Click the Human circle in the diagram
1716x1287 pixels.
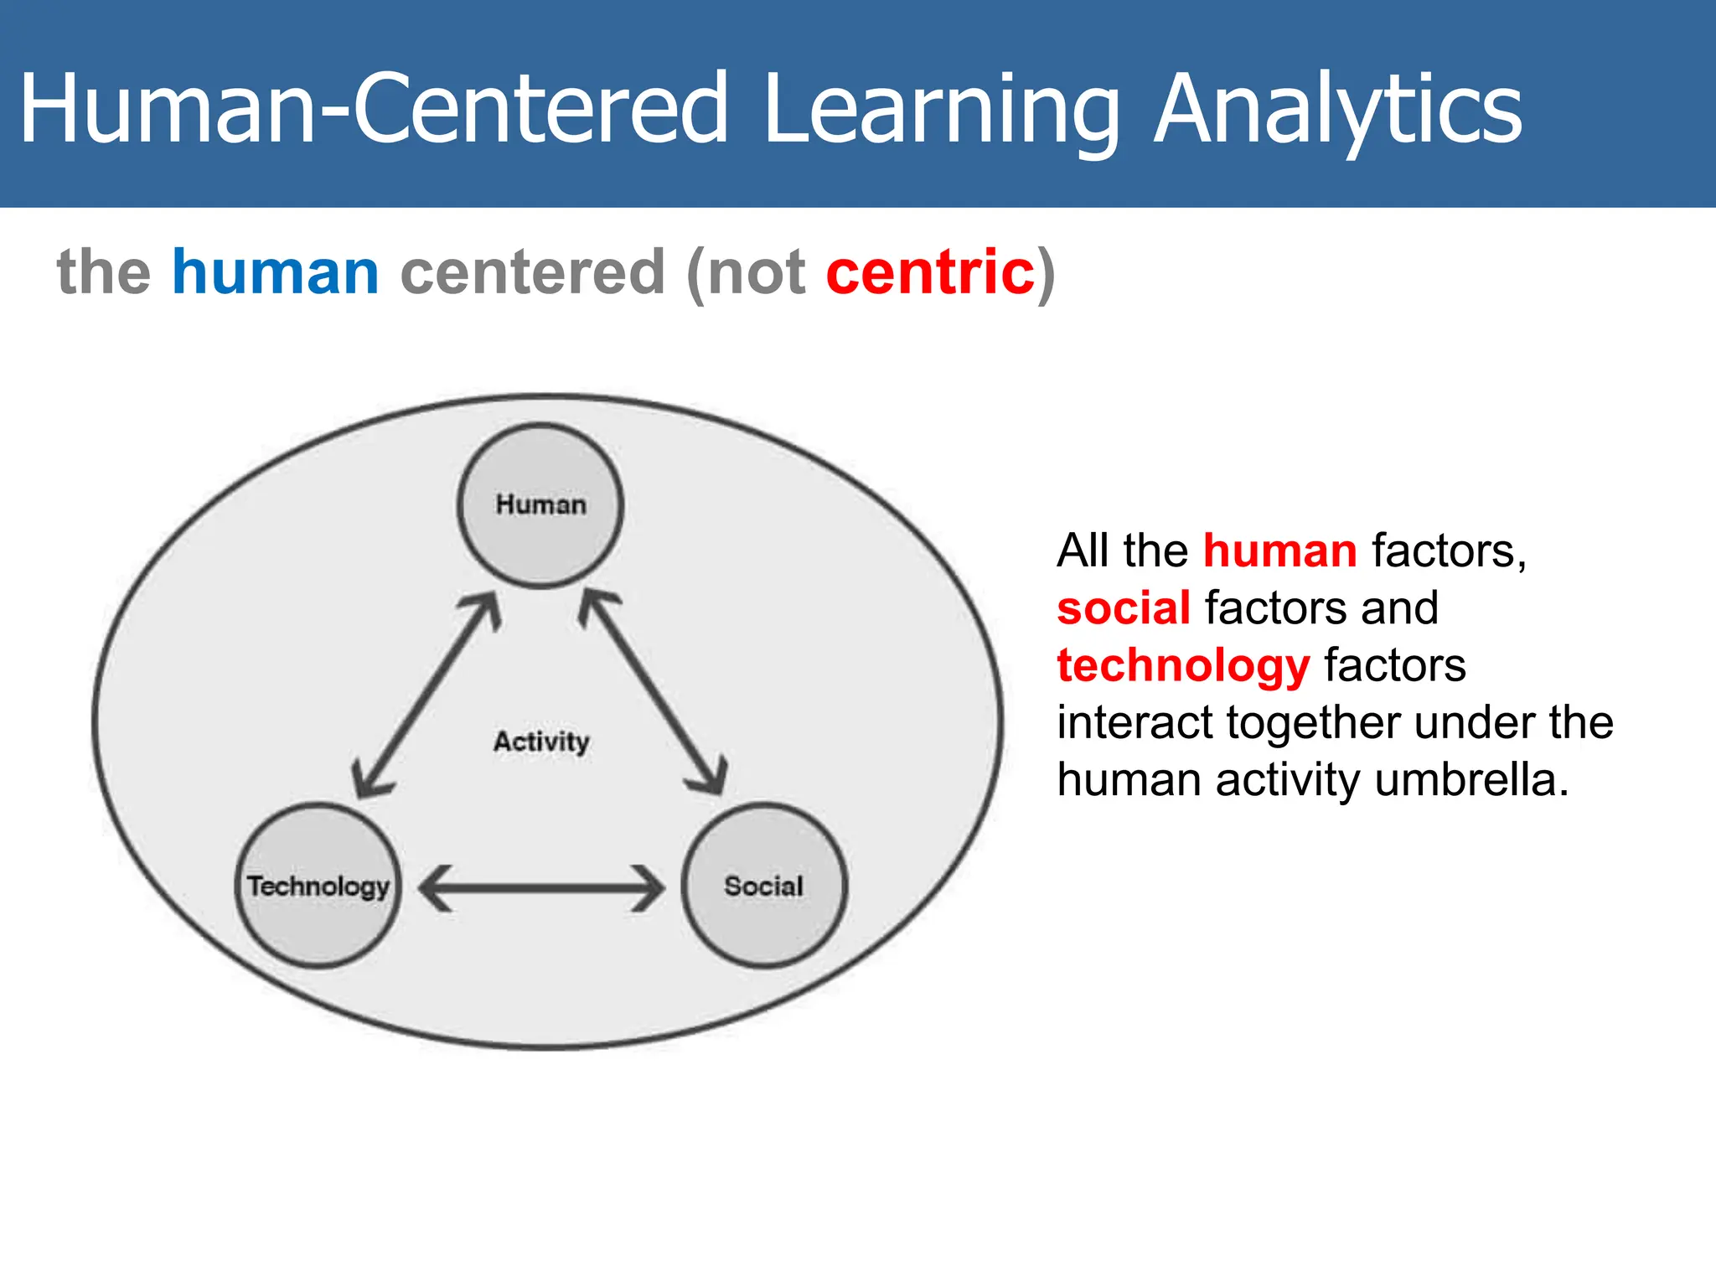(540, 505)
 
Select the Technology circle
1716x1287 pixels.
(318, 886)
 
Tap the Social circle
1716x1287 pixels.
(763, 886)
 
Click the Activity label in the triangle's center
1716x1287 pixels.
(541, 742)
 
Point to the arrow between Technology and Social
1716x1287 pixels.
(541, 887)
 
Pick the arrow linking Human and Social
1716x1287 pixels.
(653, 693)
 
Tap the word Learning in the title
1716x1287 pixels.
(942, 111)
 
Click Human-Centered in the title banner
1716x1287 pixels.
(374, 111)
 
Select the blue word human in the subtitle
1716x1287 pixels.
(276, 272)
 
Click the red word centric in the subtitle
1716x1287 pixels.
(930, 272)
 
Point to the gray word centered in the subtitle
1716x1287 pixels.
(533, 272)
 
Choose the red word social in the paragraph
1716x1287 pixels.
(1124, 608)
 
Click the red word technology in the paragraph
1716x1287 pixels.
(1183, 666)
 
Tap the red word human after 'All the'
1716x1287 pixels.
(1279, 551)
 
